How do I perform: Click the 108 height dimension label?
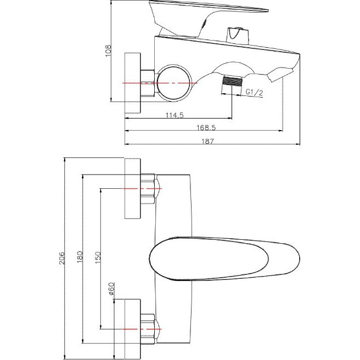108,50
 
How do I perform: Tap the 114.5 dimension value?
175,115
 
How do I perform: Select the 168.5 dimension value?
206,127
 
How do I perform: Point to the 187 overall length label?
207,141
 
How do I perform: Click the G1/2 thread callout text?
254,92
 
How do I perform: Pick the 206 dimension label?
62,258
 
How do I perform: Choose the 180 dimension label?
80,257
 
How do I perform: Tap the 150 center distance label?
98,257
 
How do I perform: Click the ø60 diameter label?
111,288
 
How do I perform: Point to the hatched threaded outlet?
233,81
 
